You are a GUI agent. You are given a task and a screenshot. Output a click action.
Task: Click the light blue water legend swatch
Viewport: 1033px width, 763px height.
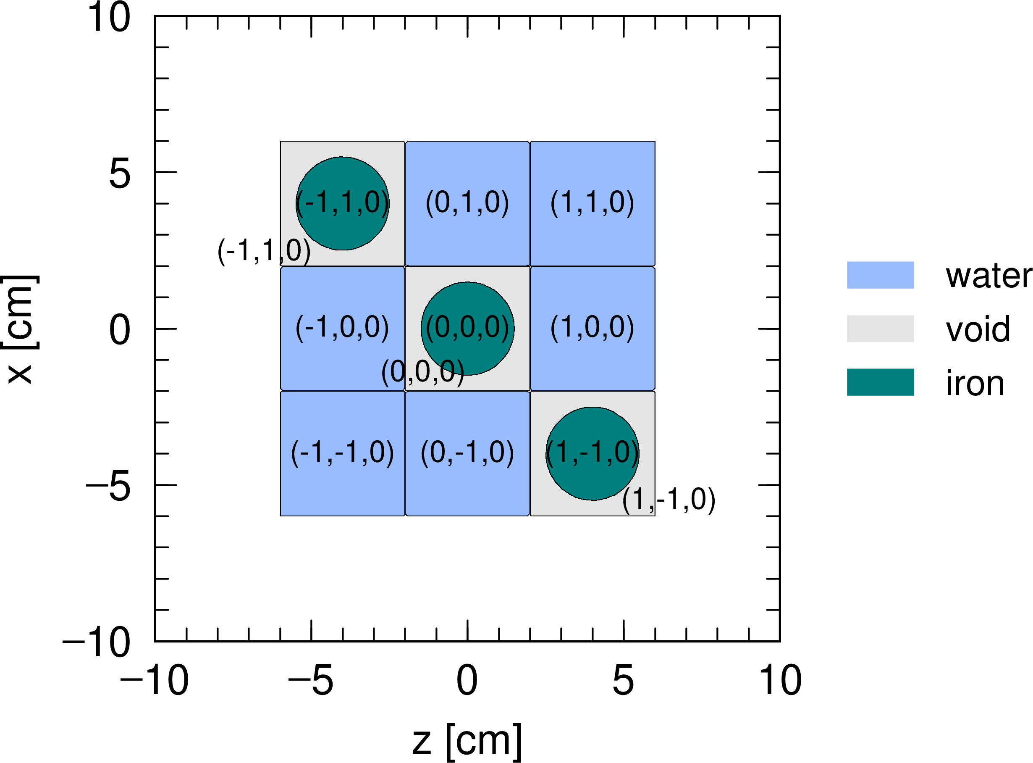click(x=880, y=275)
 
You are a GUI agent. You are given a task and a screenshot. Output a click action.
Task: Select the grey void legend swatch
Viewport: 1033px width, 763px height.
click(x=880, y=329)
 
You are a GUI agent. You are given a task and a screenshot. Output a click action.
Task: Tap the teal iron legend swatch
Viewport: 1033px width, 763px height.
click(x=880, y=382)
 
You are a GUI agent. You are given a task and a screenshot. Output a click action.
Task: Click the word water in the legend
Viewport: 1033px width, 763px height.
click(x=988, y=276)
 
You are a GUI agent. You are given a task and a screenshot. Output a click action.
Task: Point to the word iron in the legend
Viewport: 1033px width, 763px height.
click(x=975, y=383)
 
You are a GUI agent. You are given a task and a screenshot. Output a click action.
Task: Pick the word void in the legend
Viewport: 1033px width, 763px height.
click(x=978, y=329)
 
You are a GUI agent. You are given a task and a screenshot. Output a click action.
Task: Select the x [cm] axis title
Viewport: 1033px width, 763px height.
click(x=19, y=329)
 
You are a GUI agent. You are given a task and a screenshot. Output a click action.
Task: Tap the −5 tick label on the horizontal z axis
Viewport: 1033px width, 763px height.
click(x=310, y=681)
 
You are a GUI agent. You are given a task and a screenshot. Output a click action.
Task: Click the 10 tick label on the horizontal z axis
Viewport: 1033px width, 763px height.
click(x=780, y=681)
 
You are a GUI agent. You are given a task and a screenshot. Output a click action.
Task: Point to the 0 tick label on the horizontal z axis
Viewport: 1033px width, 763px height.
click(x=467, y=681)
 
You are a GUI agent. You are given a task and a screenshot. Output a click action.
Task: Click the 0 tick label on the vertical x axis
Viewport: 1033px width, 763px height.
click(x=120, y=330)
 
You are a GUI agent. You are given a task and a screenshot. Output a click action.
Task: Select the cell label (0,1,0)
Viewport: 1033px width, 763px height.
click(x=467, y=203)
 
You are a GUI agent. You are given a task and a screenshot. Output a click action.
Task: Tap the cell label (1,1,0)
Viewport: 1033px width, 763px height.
click(x=592, y=203)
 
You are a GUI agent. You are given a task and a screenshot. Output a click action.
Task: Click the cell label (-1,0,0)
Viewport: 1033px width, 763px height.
click(x=342, y=328)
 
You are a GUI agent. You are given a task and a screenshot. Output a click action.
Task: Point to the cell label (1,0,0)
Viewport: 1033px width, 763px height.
click(x=592, y=328)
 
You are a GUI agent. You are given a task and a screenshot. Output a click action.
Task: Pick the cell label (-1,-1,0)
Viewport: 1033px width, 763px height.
click(x=342, y=453)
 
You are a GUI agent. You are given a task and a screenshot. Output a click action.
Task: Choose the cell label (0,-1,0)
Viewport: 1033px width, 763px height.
click(x=467, y=453)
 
